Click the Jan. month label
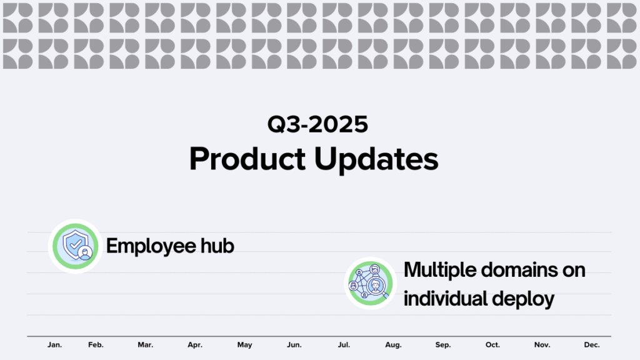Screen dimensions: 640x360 pyautogui.click(x=55, y=345)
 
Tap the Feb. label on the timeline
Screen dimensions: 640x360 pyautogui.click(x=96, y=345)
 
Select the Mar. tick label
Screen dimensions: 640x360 pyautogui.click(x=145, y=345)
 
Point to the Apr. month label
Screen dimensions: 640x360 pyautogui.click(x=195, y=345)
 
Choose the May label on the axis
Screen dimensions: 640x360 pyautogui.click(x=244, y=345)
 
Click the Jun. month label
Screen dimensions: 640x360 pyautogui.click(x=294, y=345)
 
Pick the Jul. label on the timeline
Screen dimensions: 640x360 pyautogui.click(x=344, y=345)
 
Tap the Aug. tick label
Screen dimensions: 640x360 pyautogui.click(x=394, y=345)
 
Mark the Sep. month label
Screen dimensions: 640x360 pyautogui.click(x=443, y=345)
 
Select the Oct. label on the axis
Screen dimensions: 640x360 pyautogui.click(x=492, y=345)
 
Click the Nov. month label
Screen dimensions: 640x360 pyautogui.click(x=542, y=345)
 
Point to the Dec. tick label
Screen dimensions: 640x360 pyautogui.click(x=592, y=345)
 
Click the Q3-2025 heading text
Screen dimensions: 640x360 pyautogui.click(x=317, y=124)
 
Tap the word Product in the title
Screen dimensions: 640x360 pyautogui.click(x=247, y=159)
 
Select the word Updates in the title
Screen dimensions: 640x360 pyautogui.click(x=376, y=160)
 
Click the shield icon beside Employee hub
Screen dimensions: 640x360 pyautogui.click(x=76, y=246)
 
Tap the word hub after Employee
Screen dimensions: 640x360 pyautogui.click(x=217, y=246)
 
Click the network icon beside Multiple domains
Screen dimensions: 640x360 pyautogui.click(x=371, y=283)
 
